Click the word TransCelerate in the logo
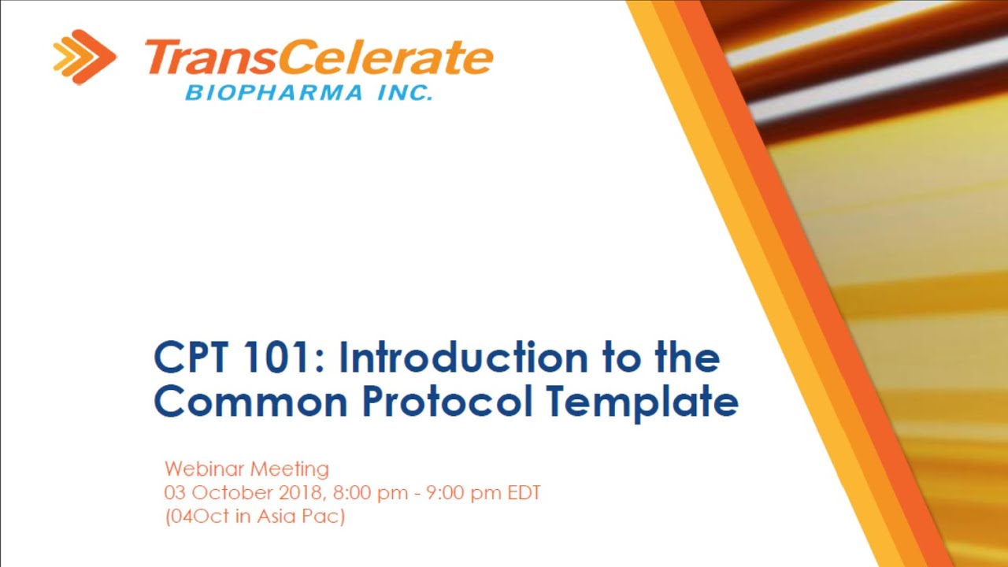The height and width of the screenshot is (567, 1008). [318, 59]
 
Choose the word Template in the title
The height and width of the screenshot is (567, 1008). [643, 401]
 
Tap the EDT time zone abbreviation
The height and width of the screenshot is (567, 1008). [521, 494]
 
